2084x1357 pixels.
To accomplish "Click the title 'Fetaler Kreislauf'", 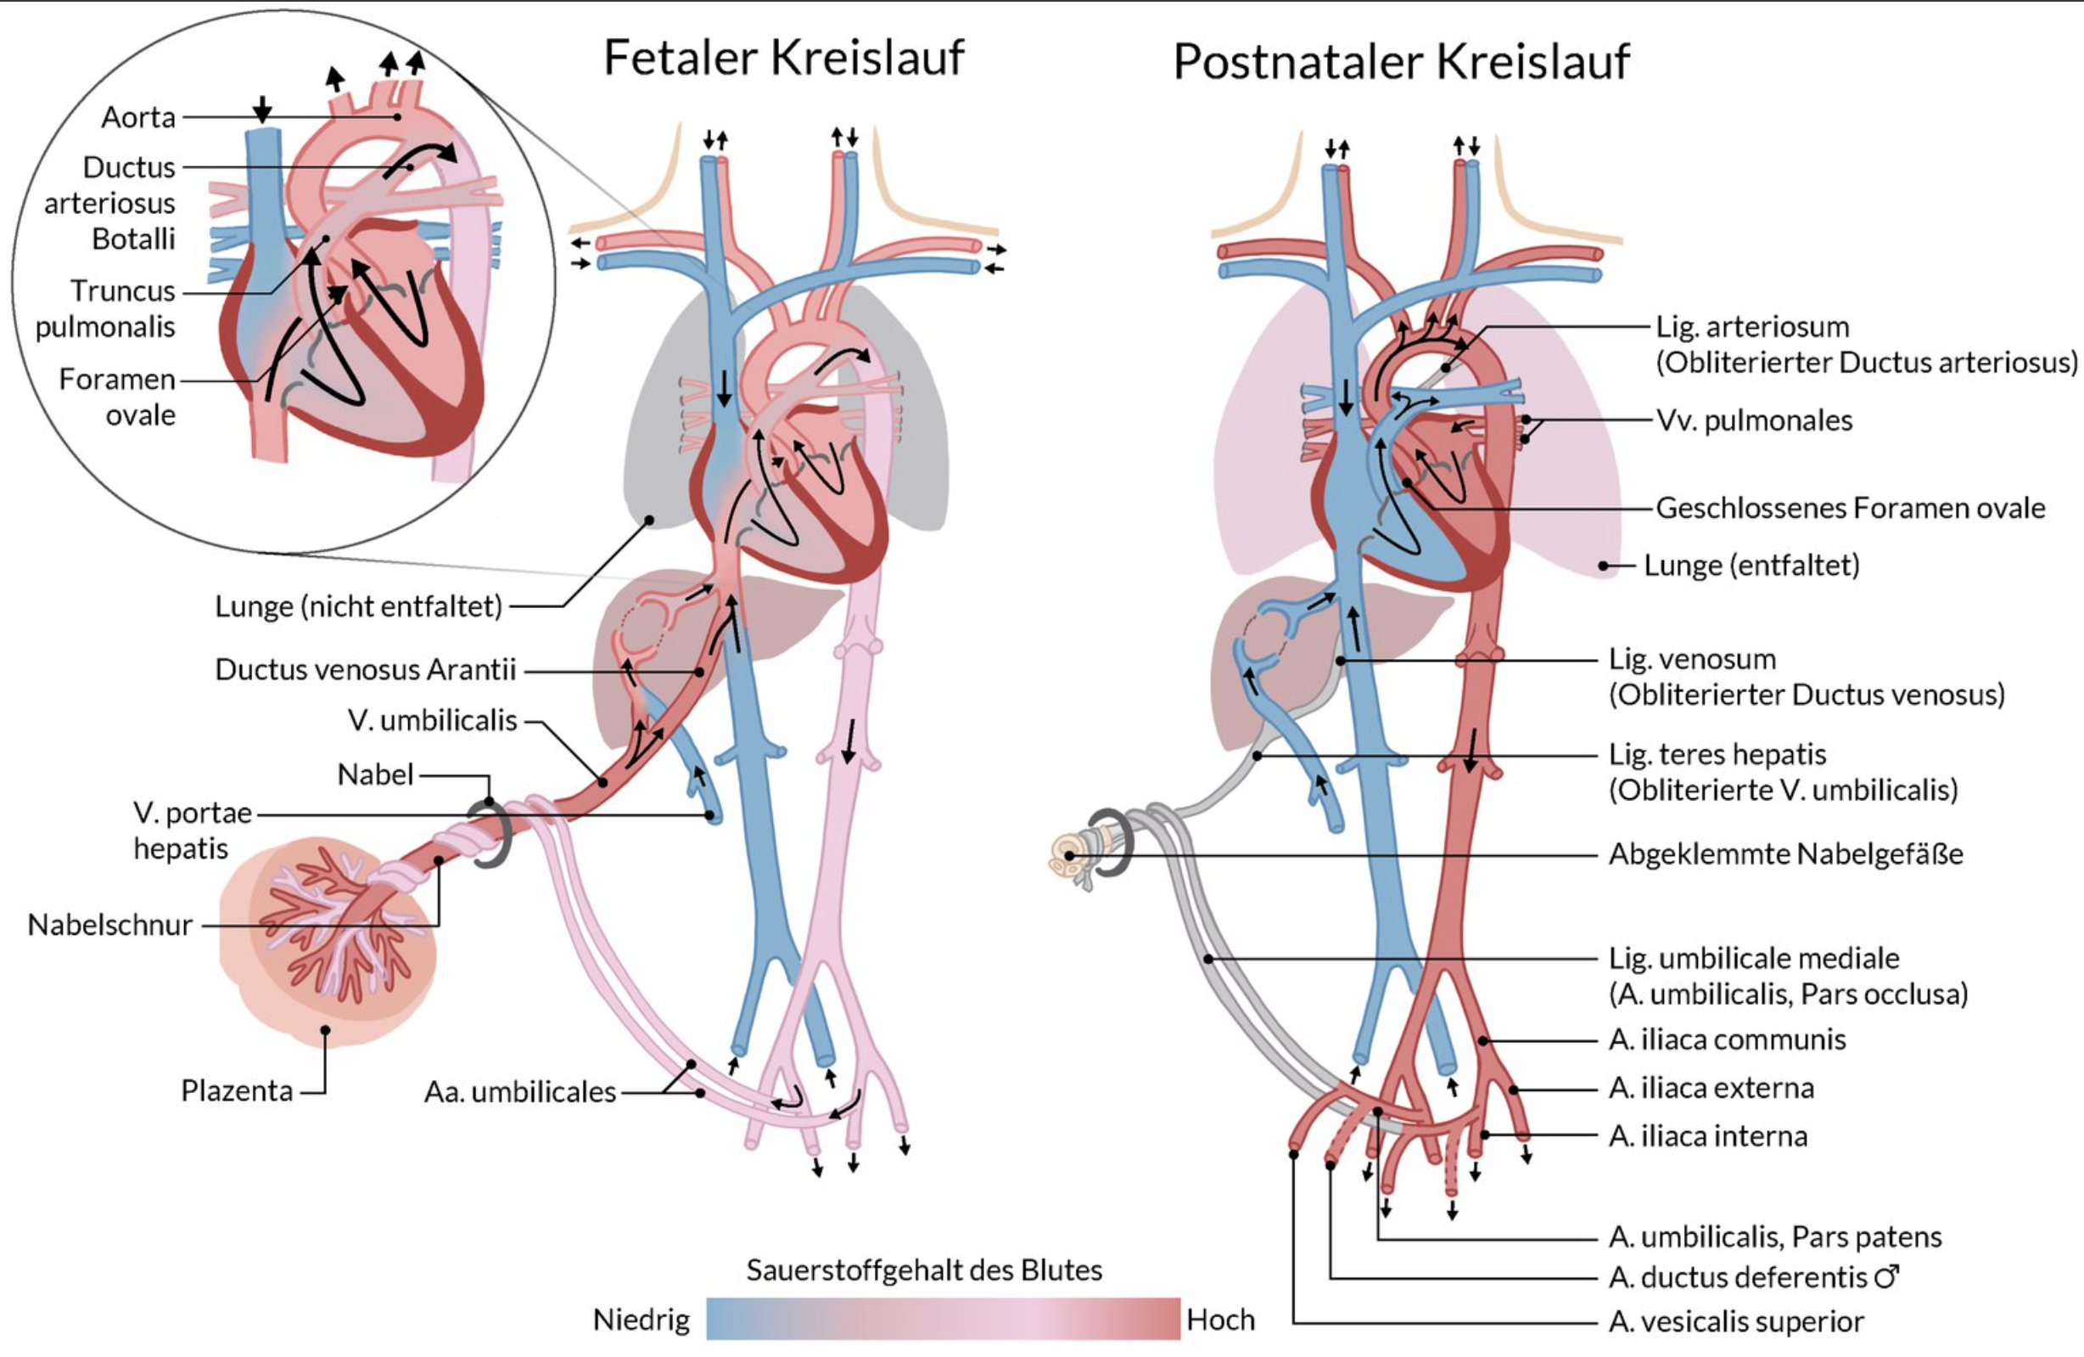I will (x=784, y=58).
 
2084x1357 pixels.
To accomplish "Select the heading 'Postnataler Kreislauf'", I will (x=1401, y=61).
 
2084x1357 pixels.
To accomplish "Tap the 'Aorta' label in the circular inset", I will (x=138, y=117).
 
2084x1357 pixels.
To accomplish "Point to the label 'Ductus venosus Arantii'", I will (x=365, y=670).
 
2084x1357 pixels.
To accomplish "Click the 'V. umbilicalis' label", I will (x=433, y=720).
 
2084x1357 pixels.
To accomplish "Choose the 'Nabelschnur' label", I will (x=110, y=925).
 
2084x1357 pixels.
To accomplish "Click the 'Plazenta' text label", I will (x=237, y=1090).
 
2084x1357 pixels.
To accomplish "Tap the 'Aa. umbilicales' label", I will (x=520, y=1092).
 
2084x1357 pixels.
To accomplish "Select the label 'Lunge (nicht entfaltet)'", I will (x=358, y=606).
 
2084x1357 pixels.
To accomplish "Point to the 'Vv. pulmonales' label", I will (x=1754, y=420).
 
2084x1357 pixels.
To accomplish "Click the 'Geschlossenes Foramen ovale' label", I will (x=1850, y=508).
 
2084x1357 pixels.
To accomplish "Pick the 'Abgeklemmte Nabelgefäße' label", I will (x=1785, y=854).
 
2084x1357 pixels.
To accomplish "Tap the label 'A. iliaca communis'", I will (x=1727, y=1040).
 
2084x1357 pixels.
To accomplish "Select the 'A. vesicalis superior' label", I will (x=1735, y=1322).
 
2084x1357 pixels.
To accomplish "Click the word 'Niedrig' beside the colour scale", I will (x=641, y=1320).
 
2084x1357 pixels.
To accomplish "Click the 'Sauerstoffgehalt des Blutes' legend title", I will (x=924, y=1270).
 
